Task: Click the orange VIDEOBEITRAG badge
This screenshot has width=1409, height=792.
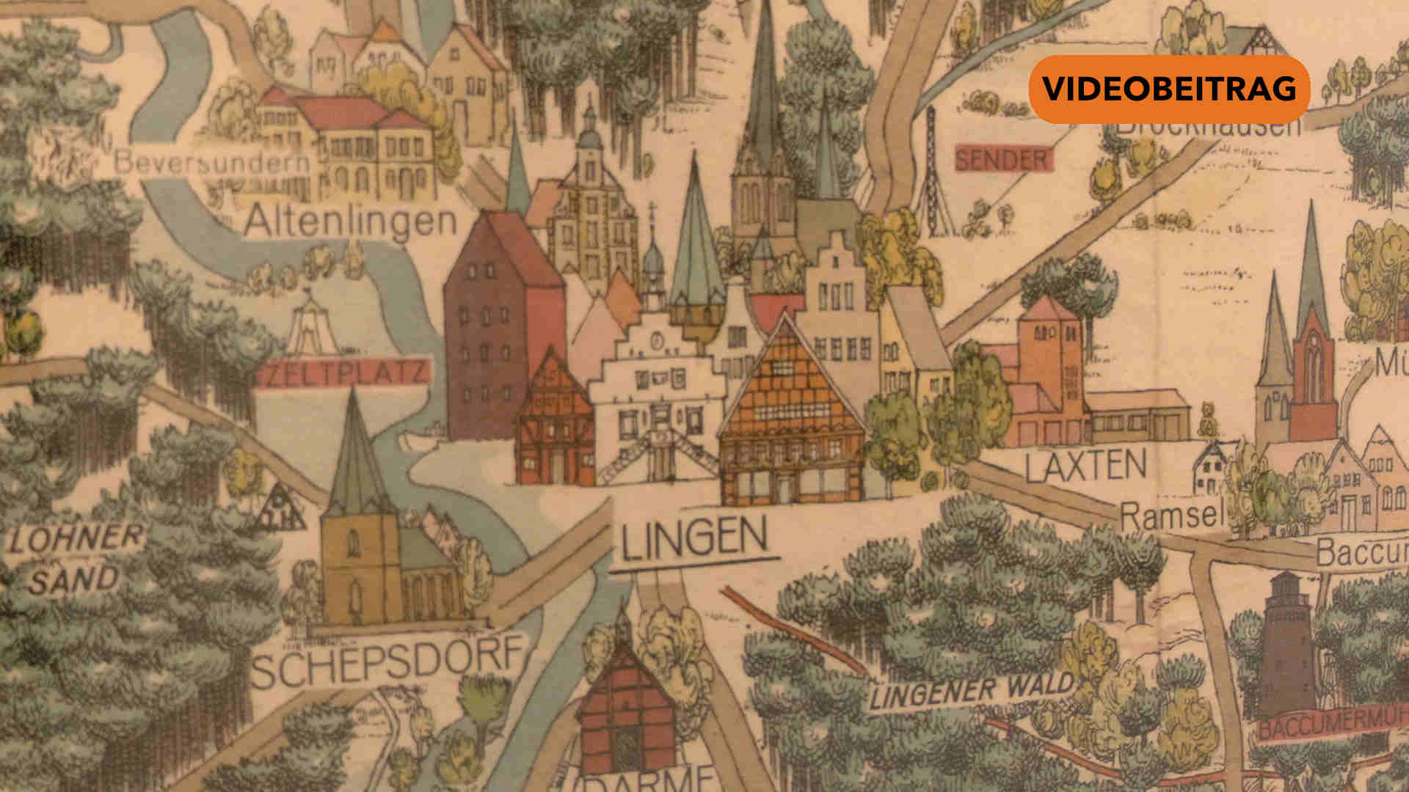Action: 1169,89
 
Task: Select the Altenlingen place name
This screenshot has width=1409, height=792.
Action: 350,220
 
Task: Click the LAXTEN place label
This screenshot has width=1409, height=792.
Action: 1085,466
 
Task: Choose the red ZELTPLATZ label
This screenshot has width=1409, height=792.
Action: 343,372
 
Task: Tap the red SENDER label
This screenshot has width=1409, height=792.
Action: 1002,158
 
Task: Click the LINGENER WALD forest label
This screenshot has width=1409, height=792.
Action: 971,691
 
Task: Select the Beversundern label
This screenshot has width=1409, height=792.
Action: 212,162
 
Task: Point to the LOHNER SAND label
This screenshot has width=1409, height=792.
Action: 73,559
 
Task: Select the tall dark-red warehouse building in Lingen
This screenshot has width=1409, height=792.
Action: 502,323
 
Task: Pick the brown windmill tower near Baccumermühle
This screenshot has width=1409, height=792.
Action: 1289,645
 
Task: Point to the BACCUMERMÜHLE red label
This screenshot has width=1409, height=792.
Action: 1332,725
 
